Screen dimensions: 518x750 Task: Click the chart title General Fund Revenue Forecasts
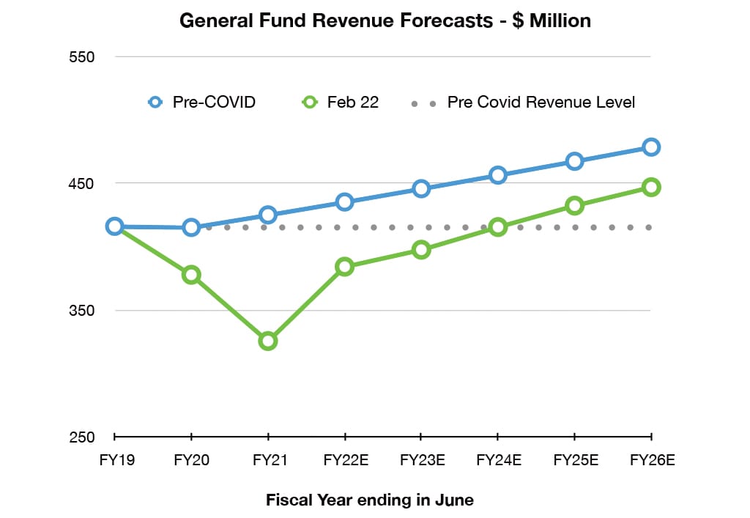click(385, 21)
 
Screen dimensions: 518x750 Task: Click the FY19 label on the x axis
click(114, 461)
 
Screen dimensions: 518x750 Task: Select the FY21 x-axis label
click(268, 461)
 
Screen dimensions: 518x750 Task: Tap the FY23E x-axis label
click(421, 461)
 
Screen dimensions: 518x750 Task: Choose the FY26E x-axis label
click(652, 461)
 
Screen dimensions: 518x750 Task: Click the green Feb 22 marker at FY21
click(268, 341)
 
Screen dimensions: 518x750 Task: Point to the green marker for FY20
click(191, 275)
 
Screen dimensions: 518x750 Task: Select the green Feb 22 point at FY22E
click(345, 267)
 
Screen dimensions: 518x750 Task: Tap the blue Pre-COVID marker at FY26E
click(651, 147)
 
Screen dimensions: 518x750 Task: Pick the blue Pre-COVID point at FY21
click(268, 215)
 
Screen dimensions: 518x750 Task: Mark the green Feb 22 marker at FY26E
click(651, 187)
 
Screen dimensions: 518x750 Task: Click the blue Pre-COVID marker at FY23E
click(421, 188)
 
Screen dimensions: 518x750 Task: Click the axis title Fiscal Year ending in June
click(370, 500)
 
